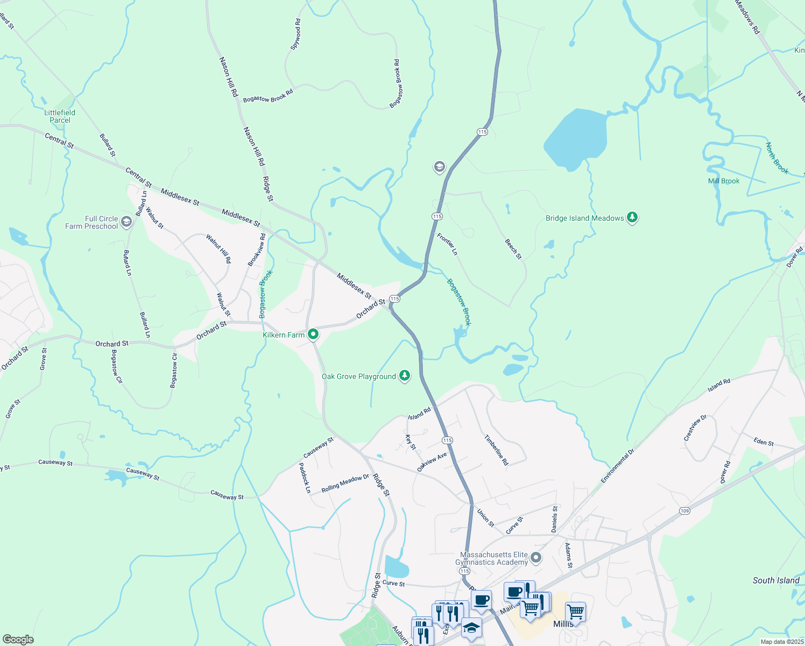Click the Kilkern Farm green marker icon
click(x=313, y=334)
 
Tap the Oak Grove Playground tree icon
click(x=404, y=376)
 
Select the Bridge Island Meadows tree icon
click(x=632, y=217)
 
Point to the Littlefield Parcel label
click(x=60, y=116)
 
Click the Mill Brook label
click(x=724, y=181)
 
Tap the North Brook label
click(x=777, y=159)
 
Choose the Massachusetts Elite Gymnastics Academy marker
click(x=535, y=558)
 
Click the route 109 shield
click(x=684, y=510)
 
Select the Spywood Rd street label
click(x=296, y=34)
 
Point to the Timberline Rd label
click(x=496, y=450)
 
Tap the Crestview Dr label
click(x=695, y=429)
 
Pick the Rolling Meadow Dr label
click(x=345, y=483)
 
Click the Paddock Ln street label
click(x=305, y=478)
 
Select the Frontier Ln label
click(x=447, y=244)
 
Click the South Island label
click(x=776, y=580)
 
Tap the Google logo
click(x=18, y=640)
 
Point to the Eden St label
click(x=764, y=443)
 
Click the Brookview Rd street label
click(x=257, y=249)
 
